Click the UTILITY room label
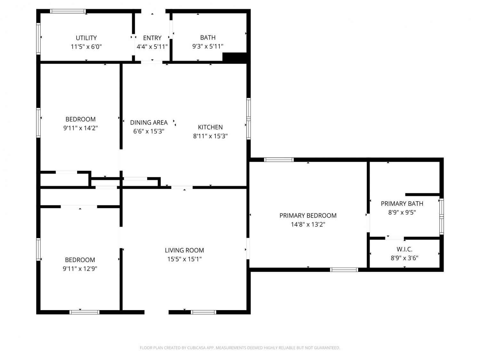click(x=86, y=38)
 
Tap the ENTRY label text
click(x=152, y=38)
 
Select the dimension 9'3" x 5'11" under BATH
click(x=208, y=46)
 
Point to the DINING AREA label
click(x=149, y=123)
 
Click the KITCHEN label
click(x=210, y=127)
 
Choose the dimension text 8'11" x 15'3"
click(x=210, y=136)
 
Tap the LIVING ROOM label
click(x=184, y=250)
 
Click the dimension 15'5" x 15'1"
click(x=184, y=259)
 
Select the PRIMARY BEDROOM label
click(x=308, y=215)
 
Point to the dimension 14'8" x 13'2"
click(x=308, y=225)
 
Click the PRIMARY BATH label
click(x=402, y=204)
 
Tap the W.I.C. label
click(x=404, y=249)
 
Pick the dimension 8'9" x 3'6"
click(x=404, y=258)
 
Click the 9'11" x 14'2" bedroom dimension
click(x=80, y=128)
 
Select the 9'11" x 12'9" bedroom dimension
click(x=80, y=268)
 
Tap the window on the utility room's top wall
click(x=68, y=11)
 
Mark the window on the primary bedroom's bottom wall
click(x=344, y=270)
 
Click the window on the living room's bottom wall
click(x=204, y=312)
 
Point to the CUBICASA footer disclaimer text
click(x=240, y=348)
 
